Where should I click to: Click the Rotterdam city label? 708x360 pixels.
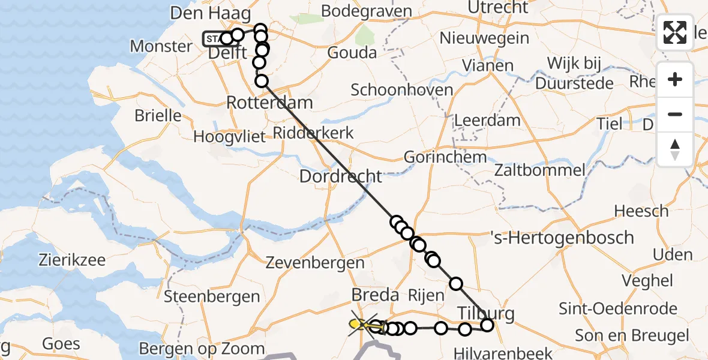(269, 102)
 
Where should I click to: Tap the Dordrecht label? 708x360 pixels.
(340, 176)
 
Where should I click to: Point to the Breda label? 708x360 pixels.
(375, 295)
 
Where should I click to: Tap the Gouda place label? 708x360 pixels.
(352, 53)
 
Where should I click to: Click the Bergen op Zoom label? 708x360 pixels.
(202, 349)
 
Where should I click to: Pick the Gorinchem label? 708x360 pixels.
(445, 157)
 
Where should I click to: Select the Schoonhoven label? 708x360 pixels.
(401, 90)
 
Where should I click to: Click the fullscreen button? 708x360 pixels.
(675, 32)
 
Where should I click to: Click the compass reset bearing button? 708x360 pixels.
(675, 149)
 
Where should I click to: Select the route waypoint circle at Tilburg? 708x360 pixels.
(487, 325)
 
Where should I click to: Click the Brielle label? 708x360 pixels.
(158, 115)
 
